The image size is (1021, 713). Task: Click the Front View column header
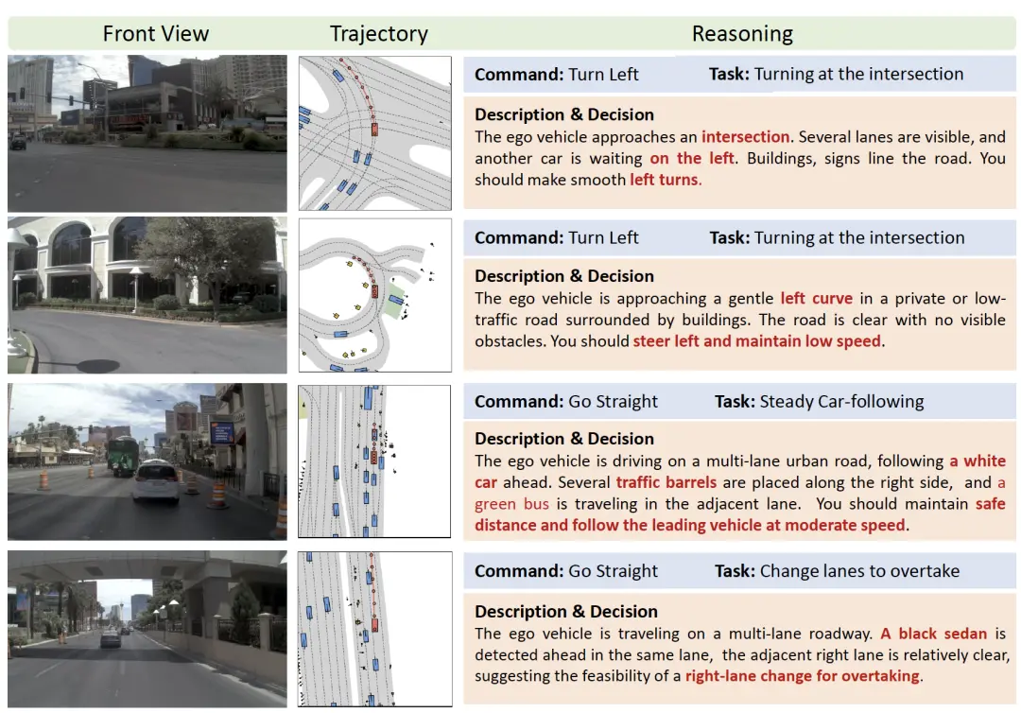pos(156,33)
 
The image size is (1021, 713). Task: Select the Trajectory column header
pos(378,33)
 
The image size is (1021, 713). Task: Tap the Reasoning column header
pos(742,33)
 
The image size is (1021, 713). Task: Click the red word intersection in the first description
pos(745,137)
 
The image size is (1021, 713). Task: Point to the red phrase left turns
pos(665,180)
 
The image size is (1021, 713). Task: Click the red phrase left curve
pos(817,298)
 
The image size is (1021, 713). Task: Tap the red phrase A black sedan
pos(934,634)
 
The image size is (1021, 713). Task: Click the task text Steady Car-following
pos(841,402)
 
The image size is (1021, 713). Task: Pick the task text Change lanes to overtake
pos(859,571)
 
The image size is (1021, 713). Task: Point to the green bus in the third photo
pos(123,457)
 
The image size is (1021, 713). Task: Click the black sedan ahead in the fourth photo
pos(111,637)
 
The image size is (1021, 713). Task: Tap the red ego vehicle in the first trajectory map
pos(374,129)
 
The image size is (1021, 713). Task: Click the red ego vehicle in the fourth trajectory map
pos(374,625)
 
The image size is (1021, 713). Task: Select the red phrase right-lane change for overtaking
pos(803,676)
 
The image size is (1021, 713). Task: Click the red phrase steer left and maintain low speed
pos(756,341)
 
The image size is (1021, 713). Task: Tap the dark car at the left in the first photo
pos(18,142)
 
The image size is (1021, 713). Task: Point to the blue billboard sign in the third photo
pos(222,432)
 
